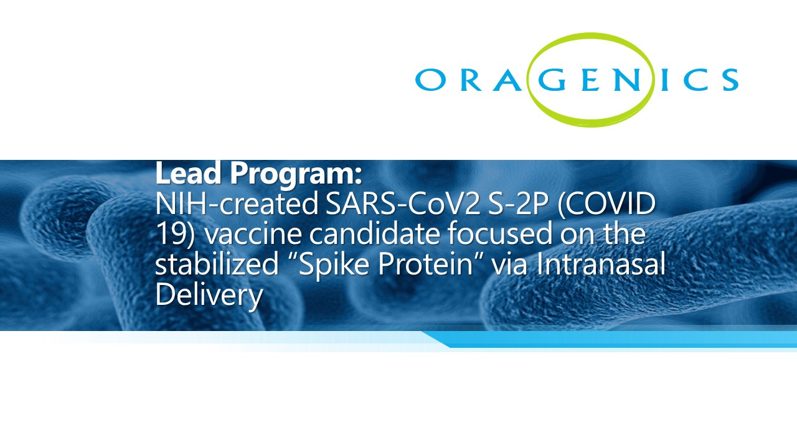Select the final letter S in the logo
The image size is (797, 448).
[729, 80]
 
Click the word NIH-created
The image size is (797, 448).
[237, 203]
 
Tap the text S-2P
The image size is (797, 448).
[517, 203]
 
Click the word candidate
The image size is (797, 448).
[375, 234]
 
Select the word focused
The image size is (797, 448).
[499, 234]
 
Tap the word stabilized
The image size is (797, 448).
[217, 264]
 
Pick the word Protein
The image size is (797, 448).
[425, 264]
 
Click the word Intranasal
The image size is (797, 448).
[601, 264]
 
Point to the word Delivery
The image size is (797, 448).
[209, 297]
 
